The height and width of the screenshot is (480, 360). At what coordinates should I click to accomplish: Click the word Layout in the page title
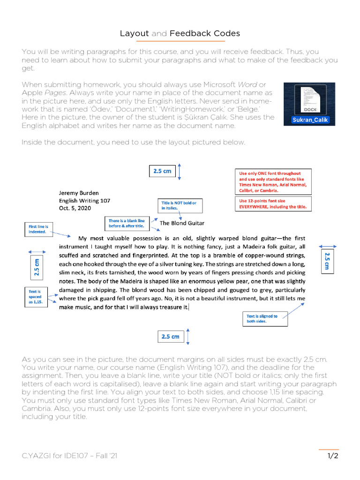(x=134, y=33)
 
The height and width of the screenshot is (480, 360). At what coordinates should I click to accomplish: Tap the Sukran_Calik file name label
(x=310, y=120)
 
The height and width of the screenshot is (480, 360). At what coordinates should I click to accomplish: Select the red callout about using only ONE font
(x=273, y=182)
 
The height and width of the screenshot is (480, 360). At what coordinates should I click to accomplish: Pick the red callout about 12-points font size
(x=273, y=203)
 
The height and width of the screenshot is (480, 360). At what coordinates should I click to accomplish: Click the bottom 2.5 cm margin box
(x=170, y=337)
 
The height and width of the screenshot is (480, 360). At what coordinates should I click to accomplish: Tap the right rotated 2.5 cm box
(x=327, y=262)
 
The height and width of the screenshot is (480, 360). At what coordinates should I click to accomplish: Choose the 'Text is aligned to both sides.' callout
(x=263, y=319)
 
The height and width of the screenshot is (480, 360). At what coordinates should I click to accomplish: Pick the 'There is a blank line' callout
(x=127, y=223)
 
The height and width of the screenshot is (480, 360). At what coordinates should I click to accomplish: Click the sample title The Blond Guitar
(x=182, y=223)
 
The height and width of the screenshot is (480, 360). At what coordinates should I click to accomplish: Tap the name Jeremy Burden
(x=79, y=192)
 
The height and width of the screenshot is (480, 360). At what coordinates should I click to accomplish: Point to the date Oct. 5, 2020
(x=75, y=208)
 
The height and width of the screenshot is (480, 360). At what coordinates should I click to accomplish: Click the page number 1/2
(x=332, y=456)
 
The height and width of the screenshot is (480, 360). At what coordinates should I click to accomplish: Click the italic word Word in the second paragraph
(x=247, y=84)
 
